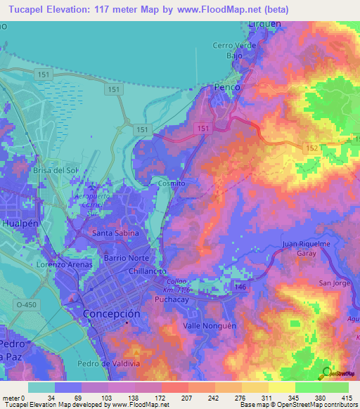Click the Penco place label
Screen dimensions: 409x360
[226, 87]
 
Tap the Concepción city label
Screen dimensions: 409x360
[112, 313]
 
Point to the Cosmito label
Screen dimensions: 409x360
[172, 183]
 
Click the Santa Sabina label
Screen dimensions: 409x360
[116, 233]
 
